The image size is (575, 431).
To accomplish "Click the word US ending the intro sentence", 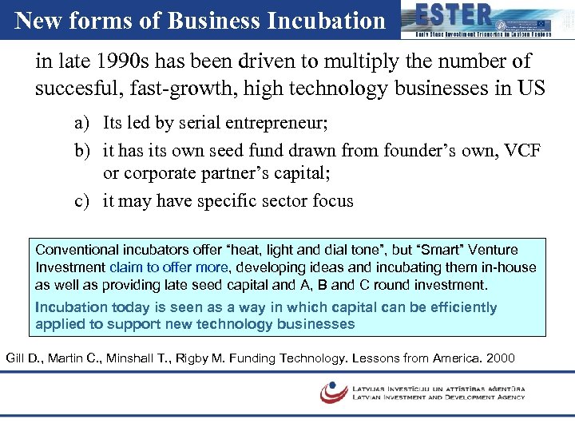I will click(x=533, y=88).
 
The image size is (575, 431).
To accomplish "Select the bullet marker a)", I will click(x=82, y=124).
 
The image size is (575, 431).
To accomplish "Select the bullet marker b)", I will click(x=82, y=149).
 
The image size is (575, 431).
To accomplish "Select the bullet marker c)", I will click(x=81, y=200).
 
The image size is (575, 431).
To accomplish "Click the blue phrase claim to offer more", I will click(x=169, y=267).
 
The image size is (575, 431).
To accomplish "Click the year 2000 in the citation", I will click(x=498, y=358).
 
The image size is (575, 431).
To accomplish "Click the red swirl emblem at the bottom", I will click(x=333, y=391).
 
